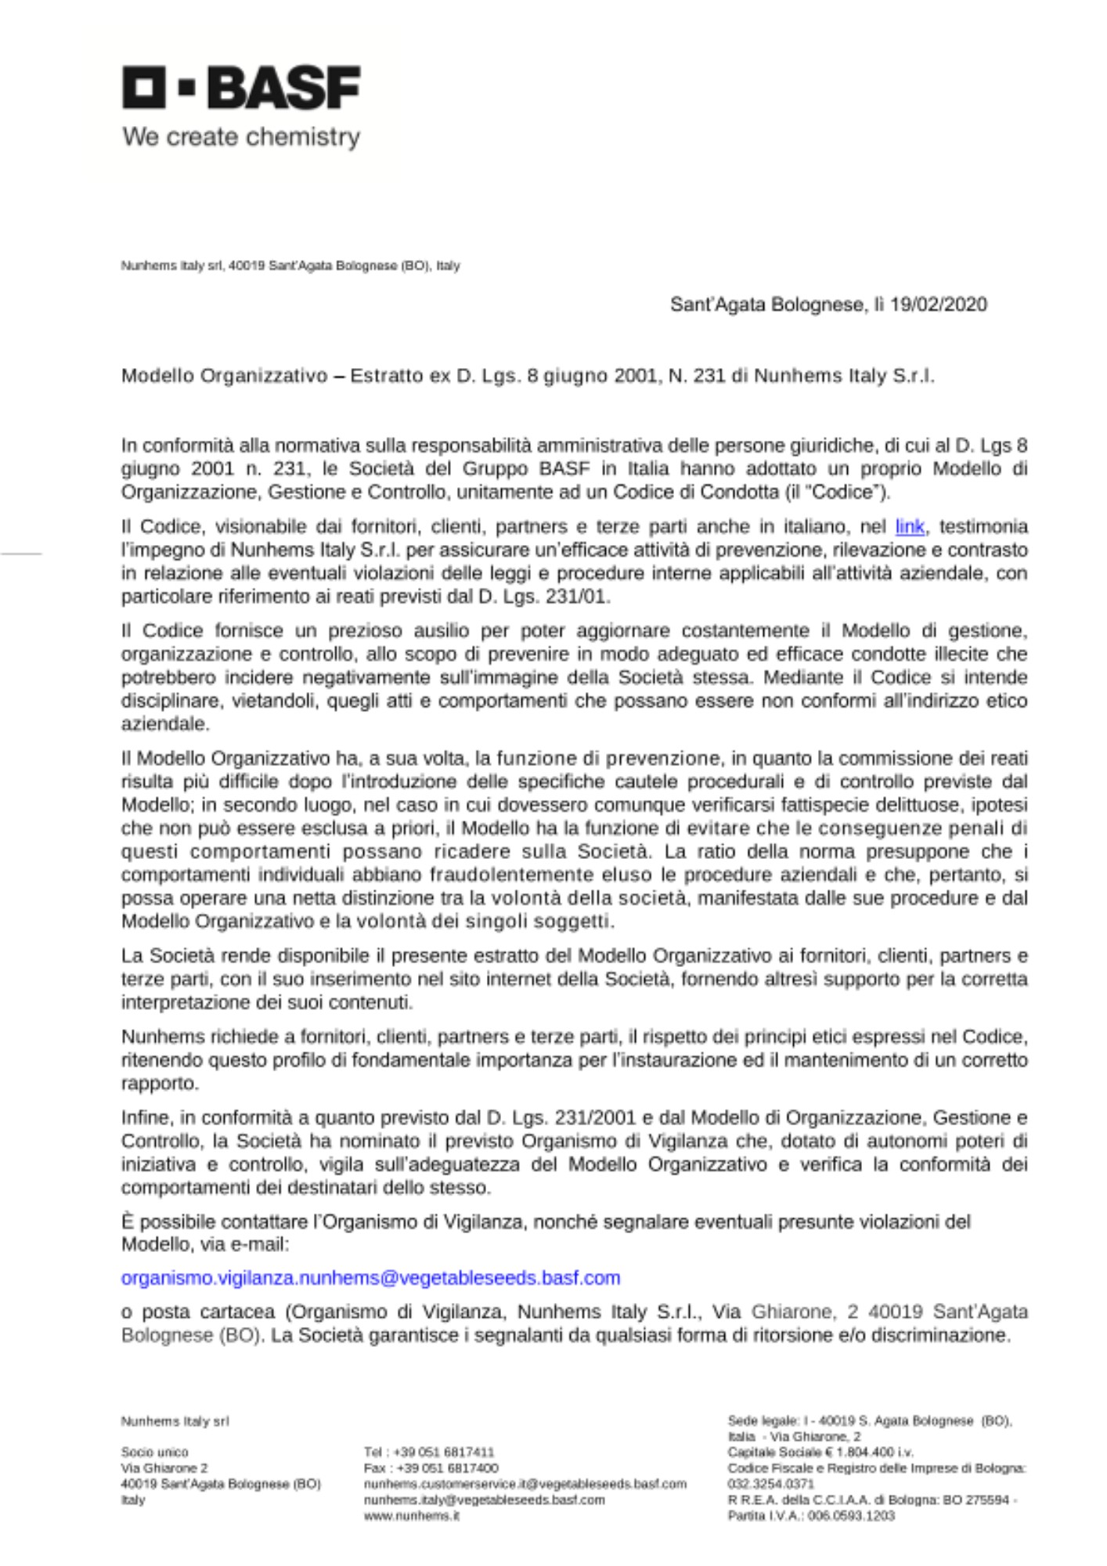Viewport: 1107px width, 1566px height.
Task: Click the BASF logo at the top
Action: click(241, 87)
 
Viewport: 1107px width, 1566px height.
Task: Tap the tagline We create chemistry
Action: click(241, 137)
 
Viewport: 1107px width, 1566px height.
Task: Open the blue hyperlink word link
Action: click(910, 527)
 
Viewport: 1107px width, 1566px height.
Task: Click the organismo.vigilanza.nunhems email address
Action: click(370, 1278)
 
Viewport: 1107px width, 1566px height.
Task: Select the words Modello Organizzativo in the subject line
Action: click(224, 376)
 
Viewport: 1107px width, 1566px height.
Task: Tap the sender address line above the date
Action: click(290, 266)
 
